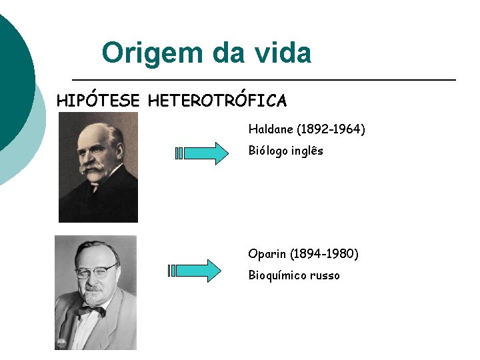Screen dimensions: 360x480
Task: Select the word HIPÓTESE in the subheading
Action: pyautogui.click(x=98, y=101)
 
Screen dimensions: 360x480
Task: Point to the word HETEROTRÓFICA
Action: pyautogui.click(x=217, y=101)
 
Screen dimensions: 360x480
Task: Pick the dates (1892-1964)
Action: pyautogui.click(x=330, y=129)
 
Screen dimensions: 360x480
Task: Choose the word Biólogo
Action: pyautogui.click(x=271, y=151)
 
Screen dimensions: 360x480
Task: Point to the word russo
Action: pyautogui.click(x=325, y=275)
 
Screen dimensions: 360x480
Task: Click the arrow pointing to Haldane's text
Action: pyautogui.click(x=201, y=153)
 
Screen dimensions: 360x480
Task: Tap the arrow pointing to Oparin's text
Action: pyautogui.click(x=195, y=271)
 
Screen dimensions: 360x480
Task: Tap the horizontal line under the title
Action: pyautogui.click(x=263, y=80)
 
